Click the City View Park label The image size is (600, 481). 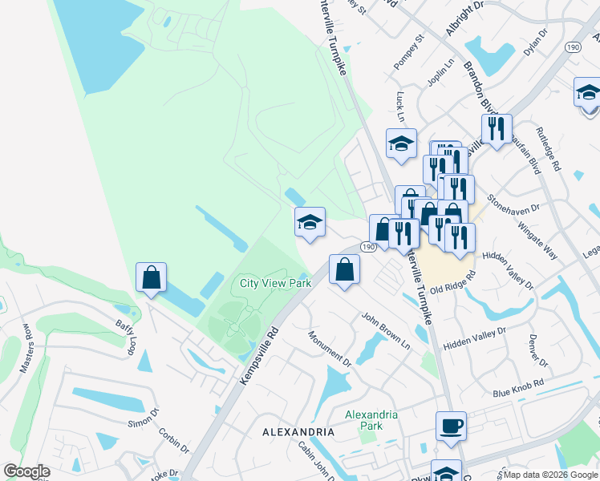point(275,283)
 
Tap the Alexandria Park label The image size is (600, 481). point(371,420)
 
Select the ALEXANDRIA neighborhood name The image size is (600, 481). point(298,432)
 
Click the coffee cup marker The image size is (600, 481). point(451,426)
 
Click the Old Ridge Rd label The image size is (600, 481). point(452,282)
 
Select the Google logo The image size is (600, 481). point(26,471)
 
